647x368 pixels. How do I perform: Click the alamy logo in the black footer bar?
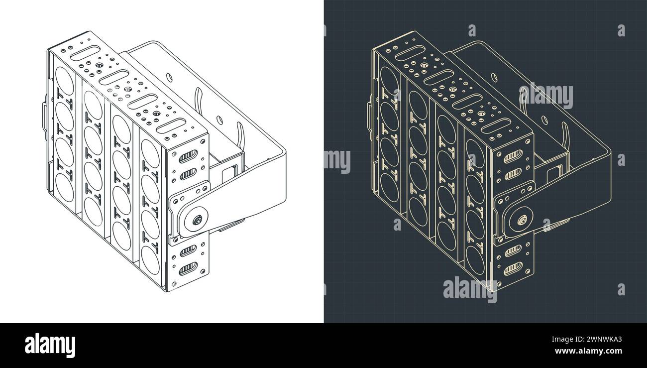tap(50, 345)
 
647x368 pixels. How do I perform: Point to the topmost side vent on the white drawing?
tap(188, 157)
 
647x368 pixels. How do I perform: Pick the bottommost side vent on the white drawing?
tap(188, 268)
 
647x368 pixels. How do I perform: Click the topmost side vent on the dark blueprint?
tap(512, 157)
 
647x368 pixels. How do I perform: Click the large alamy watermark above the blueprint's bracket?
tap(545, 96)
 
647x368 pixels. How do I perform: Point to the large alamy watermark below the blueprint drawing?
tap(470, 289)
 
